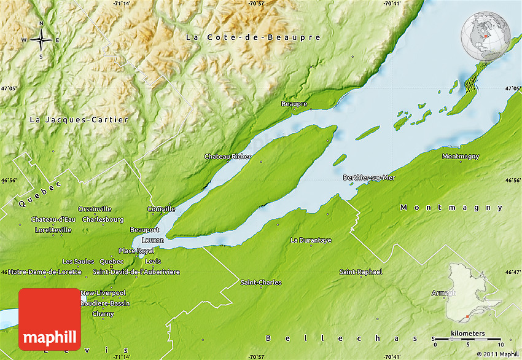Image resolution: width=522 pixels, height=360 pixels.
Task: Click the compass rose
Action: point(41,40)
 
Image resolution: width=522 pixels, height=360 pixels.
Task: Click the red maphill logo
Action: point(50,319)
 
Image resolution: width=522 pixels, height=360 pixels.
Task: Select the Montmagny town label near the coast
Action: point(461,156)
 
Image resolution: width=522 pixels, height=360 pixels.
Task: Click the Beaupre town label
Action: point(294,104)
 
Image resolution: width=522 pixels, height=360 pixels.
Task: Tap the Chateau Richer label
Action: point(228,157)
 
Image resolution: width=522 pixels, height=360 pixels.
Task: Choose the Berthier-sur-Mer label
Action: point(369,178)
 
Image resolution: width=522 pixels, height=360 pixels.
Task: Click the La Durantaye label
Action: point(311,240)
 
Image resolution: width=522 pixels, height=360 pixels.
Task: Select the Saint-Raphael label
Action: point(361,272)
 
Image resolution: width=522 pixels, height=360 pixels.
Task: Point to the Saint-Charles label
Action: point(261,283)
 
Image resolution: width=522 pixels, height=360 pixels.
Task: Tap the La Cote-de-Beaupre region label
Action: point(253,37)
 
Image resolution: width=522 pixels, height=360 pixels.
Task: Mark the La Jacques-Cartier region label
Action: point(79,120)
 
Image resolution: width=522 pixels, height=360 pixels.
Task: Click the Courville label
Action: point(161,209)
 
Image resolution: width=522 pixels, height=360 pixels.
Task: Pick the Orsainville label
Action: point(95,209)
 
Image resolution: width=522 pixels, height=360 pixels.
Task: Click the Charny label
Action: point(103,314)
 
